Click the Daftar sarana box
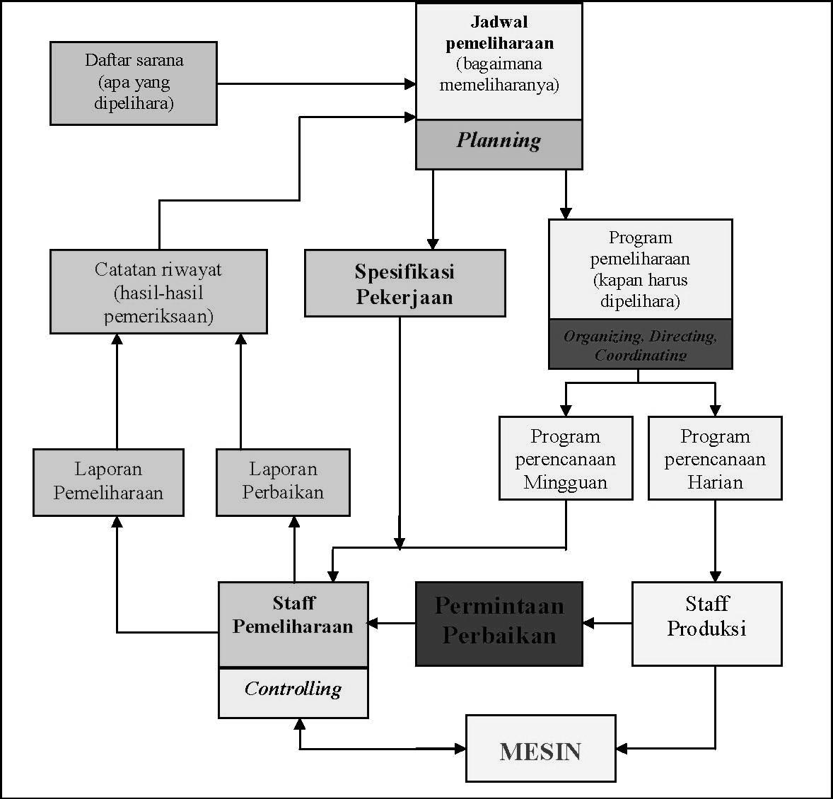pos(133,83)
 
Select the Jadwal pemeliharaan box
pos(499,62)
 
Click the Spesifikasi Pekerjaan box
pos(404,283)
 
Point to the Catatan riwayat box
pos(158,291)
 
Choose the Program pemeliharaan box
pos(640,269)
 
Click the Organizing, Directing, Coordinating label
pos(640,344)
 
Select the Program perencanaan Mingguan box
pos(565,458)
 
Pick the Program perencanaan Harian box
pos(715,458)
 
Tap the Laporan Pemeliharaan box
pos(108,482)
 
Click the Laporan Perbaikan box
pos(283,482)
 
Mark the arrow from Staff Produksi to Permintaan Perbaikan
pos(607,624)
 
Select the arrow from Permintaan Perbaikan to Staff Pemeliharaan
pos(392,624)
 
